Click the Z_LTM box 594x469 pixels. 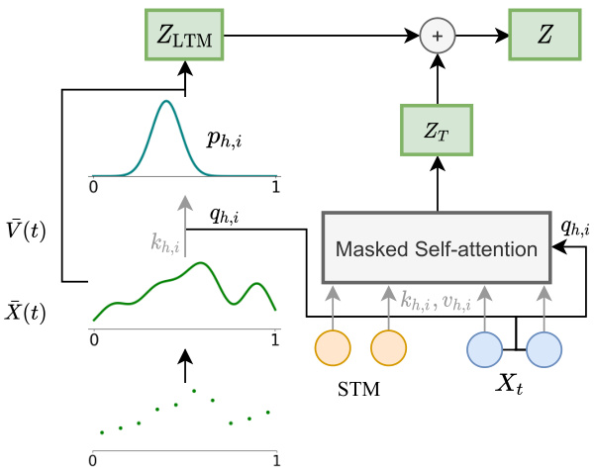point(185,38)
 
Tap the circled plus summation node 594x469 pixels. point(435,38)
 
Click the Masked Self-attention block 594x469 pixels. point(435,245)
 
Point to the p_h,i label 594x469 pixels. point(225,141)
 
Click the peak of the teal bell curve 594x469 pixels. point(167,101)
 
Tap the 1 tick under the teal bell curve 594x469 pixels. point(275,185)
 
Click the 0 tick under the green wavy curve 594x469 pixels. point(94,338)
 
